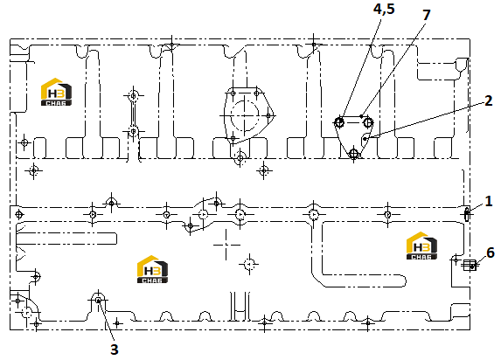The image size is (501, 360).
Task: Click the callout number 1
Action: pos(488,201)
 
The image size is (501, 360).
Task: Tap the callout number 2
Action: pos(489,101)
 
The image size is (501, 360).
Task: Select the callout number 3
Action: pos(115,350)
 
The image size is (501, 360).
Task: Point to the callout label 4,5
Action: pos(384,9)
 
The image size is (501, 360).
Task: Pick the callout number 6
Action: pos(491,253)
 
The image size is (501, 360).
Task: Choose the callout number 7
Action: pos(427,15)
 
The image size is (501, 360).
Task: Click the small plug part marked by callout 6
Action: pos(470,265)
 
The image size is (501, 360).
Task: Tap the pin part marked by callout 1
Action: pos(467,214)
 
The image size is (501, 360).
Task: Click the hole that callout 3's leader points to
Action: pos(99,301)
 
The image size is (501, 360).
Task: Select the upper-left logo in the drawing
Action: pos(56,92)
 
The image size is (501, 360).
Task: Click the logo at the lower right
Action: pos(421,246)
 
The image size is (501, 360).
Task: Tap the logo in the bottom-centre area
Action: pos(152,269)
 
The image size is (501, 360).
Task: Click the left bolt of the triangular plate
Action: pos(339,122)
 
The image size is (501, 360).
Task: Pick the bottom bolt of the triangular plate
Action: pos(353,154)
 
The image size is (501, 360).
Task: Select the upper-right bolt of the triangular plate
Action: pos(368,122)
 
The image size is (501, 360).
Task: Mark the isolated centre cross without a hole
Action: pos(226,245)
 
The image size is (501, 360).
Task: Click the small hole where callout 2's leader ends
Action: pos(365,139)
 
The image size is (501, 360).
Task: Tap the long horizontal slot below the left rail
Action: pos(66,239)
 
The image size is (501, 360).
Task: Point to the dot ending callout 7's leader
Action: pos(361,116)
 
